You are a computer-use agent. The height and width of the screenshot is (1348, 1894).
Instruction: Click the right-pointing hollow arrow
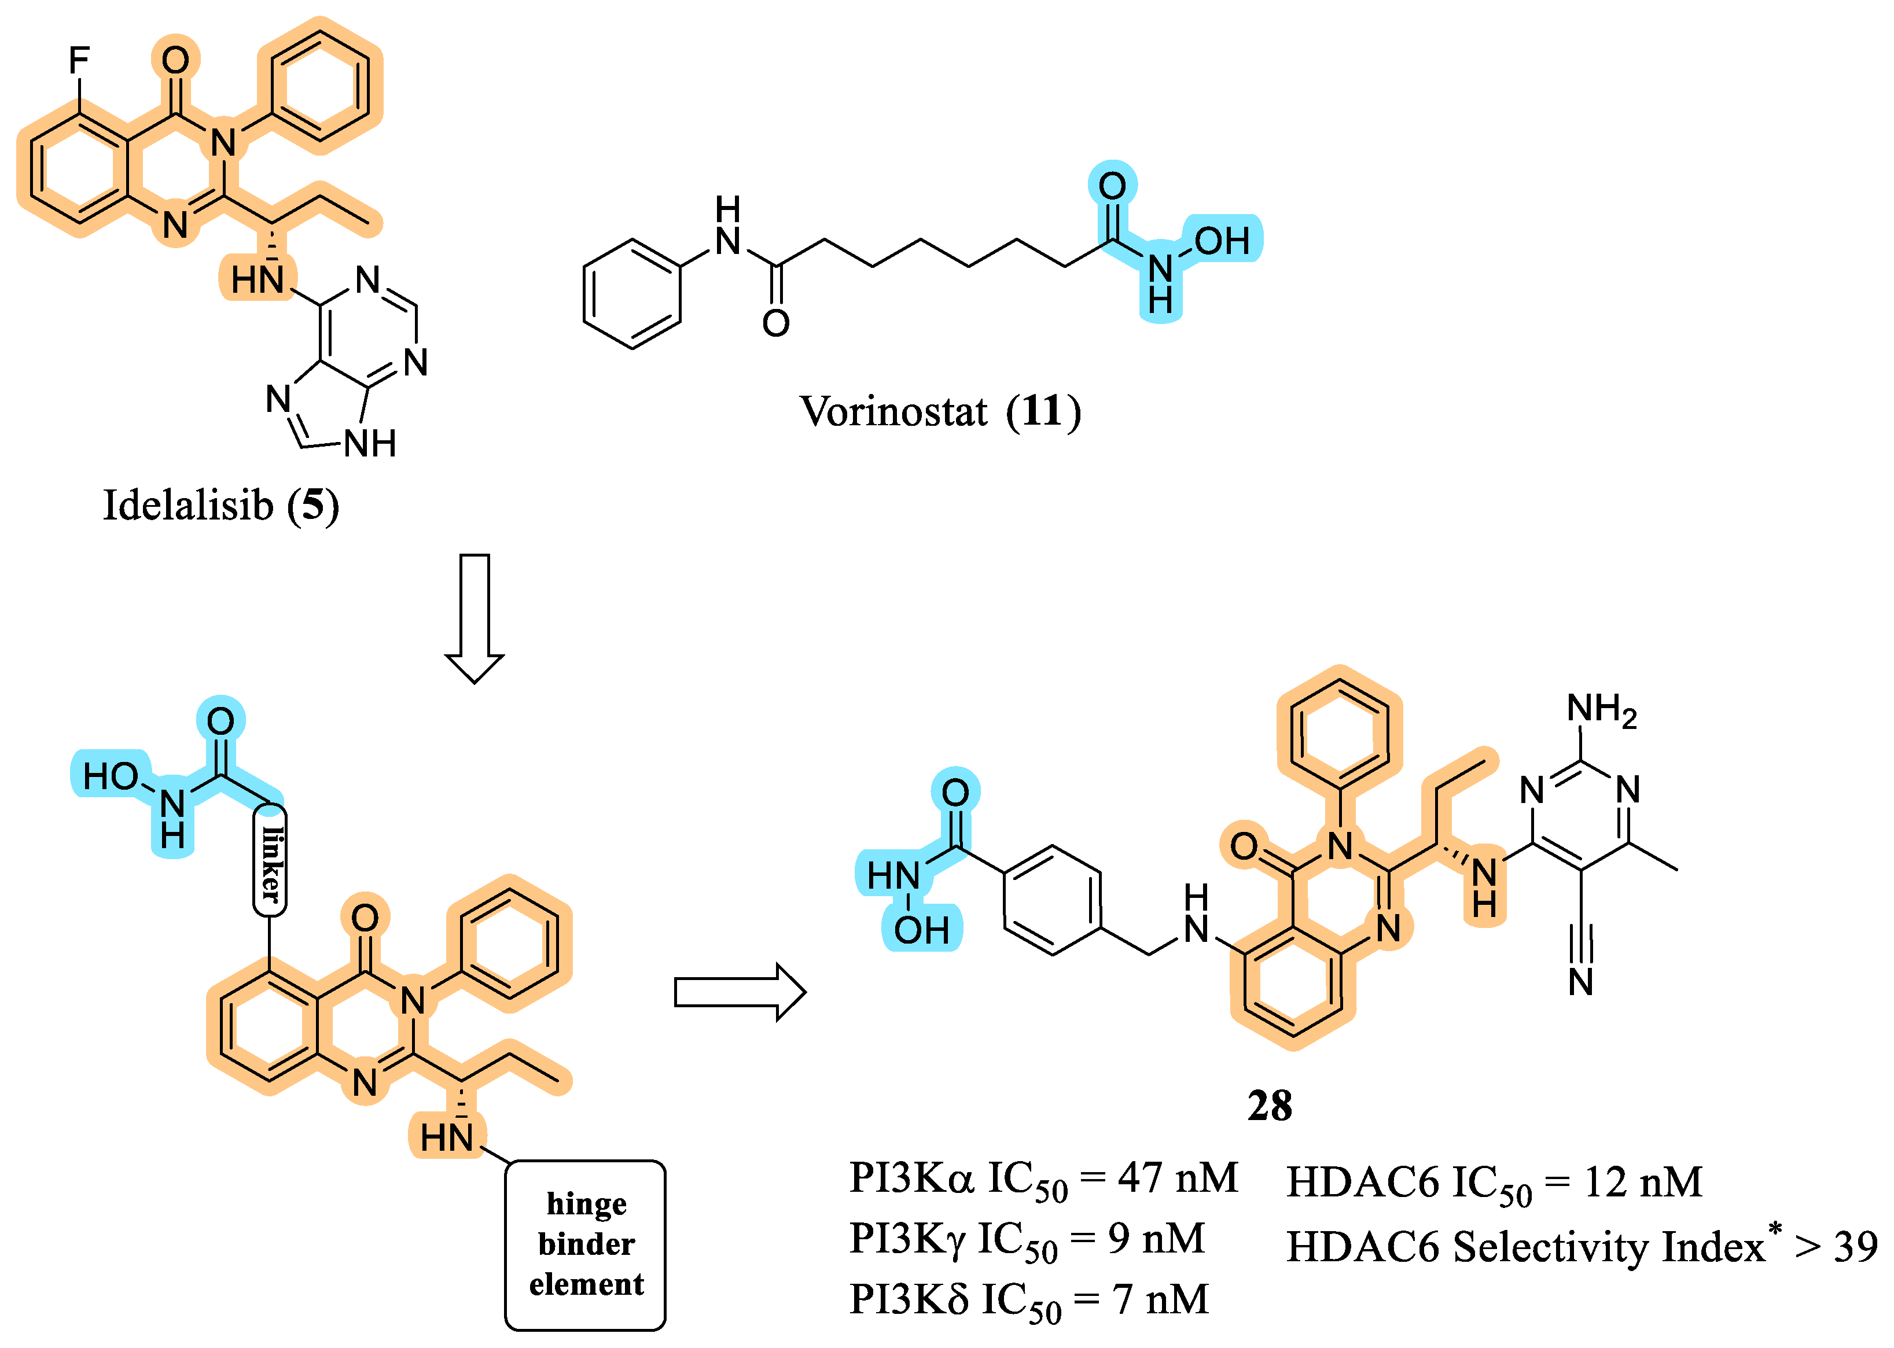(x=738, y=992)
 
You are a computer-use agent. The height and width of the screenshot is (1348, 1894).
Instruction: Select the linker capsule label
(x=270, y=861)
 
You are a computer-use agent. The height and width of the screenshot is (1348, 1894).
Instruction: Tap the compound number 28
(x=1270, y=1106)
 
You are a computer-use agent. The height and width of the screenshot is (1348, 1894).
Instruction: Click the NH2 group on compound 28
(x=1601, y=710)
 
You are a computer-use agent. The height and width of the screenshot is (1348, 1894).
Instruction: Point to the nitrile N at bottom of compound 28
(x=1581, y=982)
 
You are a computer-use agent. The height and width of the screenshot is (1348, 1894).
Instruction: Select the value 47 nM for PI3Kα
(x=1178, y=1178)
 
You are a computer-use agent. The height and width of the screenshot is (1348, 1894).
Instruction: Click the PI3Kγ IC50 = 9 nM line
(x=1027, y=1239)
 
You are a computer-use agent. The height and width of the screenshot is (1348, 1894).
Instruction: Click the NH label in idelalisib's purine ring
(x=370, y=444)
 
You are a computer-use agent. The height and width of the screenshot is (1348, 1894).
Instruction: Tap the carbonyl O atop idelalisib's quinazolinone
(x=175, y=60)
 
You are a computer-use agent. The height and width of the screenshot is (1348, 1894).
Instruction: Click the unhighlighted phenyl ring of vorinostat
(x=632, y=294)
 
